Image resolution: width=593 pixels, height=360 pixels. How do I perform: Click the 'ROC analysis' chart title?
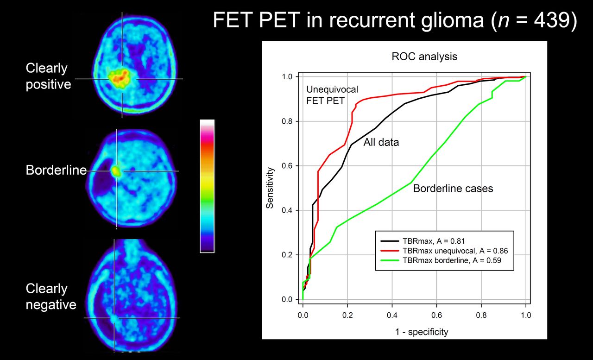424,57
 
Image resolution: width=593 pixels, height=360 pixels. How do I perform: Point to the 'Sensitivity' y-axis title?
270,188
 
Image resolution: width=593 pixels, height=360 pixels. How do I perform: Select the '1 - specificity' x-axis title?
422,332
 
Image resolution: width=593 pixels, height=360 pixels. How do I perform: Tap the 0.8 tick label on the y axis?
287,121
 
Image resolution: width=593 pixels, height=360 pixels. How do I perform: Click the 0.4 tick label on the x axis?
392,315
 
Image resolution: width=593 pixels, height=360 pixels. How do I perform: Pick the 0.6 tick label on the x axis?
436,315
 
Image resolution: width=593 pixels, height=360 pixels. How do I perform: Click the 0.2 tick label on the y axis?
287,255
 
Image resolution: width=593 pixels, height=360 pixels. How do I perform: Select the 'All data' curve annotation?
381,142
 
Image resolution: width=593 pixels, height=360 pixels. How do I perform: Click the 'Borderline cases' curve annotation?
453,189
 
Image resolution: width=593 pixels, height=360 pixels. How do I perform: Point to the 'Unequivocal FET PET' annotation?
332,95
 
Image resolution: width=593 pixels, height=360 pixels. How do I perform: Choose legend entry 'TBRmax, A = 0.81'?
434,241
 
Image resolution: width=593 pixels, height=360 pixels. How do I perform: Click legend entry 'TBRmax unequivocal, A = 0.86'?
455,251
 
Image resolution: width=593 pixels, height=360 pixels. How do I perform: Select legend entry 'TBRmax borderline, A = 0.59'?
452,260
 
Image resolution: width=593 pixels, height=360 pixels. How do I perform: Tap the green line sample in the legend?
390,260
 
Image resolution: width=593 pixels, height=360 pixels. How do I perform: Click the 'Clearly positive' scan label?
49,76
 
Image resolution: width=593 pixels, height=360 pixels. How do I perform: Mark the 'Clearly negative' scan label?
51,297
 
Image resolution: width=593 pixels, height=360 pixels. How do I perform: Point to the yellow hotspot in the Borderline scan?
116,171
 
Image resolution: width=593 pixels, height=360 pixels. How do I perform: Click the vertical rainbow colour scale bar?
207,186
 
